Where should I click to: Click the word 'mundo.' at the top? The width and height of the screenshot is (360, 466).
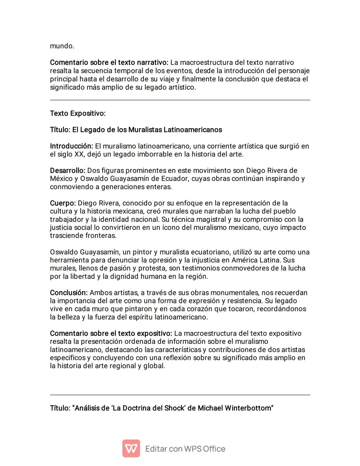coord(62,46)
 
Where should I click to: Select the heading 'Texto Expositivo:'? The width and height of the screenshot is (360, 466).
coord(78,113)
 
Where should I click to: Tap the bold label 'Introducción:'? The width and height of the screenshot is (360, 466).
coord(71,146)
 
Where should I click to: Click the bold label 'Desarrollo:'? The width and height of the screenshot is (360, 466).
coord(68,170)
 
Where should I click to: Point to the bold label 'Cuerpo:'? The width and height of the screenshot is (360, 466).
coord(63,203)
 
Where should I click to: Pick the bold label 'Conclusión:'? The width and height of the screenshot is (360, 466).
coord(69,293)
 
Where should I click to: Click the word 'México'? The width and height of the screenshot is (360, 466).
coord(59,179)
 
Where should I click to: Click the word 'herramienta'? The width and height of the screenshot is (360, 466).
coord(68,260)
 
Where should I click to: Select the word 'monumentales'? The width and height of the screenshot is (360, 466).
coord(237,293)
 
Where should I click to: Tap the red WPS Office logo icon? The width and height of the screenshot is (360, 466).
coord(131,448)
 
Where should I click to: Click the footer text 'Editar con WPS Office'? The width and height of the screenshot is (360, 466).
coord(185,449)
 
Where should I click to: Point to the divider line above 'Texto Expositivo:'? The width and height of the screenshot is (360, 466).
coord(180,100)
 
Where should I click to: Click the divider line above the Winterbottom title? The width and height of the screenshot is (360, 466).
coord(180,395)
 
